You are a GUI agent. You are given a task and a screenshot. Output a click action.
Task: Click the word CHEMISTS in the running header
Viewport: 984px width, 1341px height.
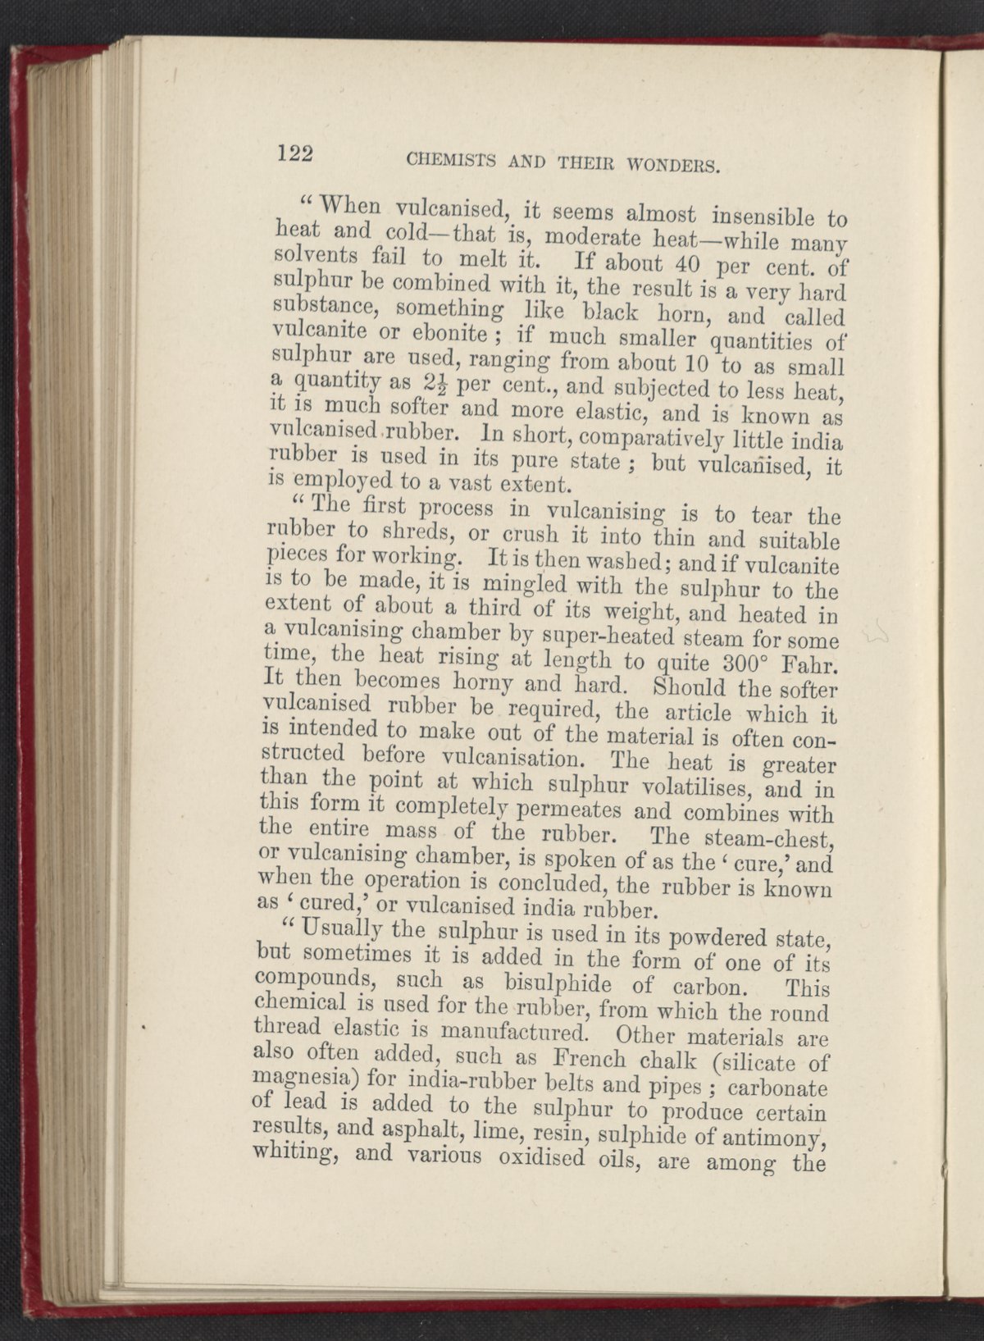pos(444,165)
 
